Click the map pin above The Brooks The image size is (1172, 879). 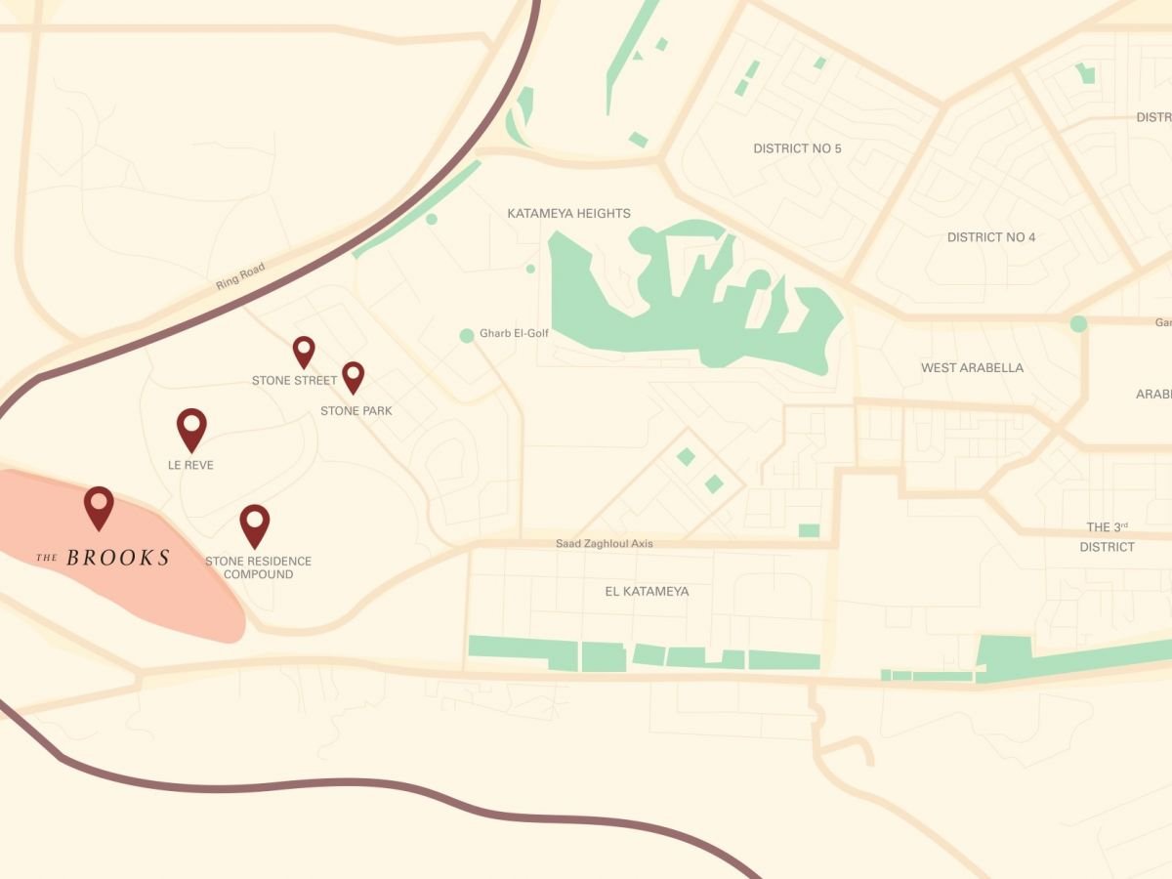coord(99,505)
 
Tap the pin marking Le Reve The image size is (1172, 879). coord(191,427)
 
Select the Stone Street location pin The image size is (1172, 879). coord(304,350)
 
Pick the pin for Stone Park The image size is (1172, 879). coord(353,375)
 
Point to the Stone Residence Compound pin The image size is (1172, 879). coord(254,523)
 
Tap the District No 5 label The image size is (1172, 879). coord(797,148)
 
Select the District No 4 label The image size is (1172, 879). coord(991,237)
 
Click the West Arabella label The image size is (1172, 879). coord(972,368)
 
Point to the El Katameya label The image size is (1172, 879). coord(648,591)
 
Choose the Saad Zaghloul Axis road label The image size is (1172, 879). coord(605,543)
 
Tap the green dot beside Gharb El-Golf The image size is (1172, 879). coord(467,335)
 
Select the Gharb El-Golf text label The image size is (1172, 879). coord(514,333)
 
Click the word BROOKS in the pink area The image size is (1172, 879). coord(118,559)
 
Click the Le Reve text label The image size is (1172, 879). coord(190,465)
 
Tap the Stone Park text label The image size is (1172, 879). coord(356,411)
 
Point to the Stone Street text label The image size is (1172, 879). coord(294,380)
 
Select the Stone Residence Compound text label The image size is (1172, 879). coord(258,567)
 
